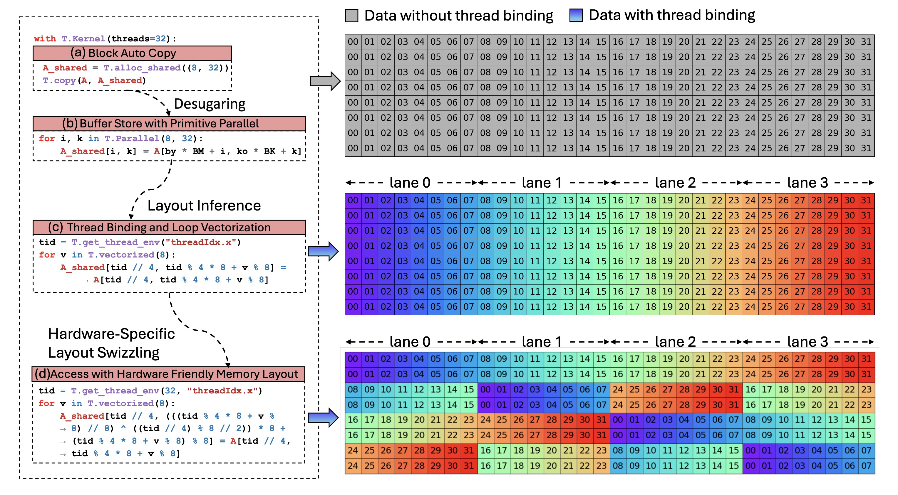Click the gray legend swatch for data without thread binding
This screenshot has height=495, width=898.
point(351,16)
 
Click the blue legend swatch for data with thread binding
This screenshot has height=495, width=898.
point(576,15)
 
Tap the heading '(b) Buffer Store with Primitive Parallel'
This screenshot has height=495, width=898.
point(169,124)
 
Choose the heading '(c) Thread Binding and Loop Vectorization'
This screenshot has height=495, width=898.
point(169,228)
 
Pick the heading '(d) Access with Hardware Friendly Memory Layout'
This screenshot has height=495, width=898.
point(168,374)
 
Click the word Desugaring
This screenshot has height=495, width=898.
point(210,104)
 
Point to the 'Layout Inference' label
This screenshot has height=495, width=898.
point(204,206)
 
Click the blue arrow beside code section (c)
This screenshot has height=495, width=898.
point(323,251)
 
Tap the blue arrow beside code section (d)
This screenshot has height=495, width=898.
point(323,417)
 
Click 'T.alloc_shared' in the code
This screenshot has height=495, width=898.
point(142,68)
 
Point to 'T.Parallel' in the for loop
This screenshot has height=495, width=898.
point(132,139)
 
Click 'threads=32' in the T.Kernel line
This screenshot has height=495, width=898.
point(139,39)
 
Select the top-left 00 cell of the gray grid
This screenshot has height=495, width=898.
point(353,42)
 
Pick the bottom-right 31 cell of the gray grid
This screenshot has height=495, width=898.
point(866,148)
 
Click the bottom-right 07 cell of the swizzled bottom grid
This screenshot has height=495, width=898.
point(866,466)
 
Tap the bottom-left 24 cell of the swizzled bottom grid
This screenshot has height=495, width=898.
point(353,466)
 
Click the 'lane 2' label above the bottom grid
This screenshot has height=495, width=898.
point(675,342)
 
